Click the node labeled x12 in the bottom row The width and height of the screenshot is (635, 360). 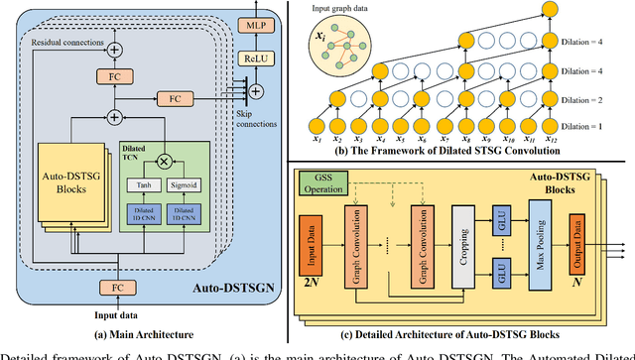click(555, 129)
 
